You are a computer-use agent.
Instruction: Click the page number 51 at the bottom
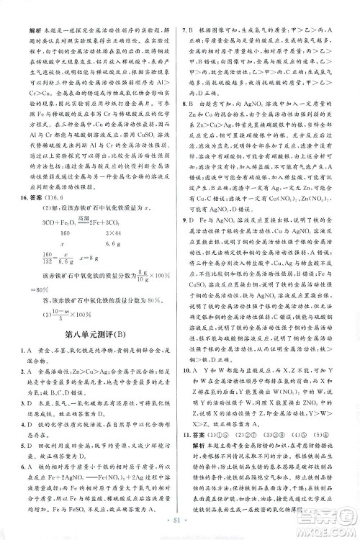(181, 524)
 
